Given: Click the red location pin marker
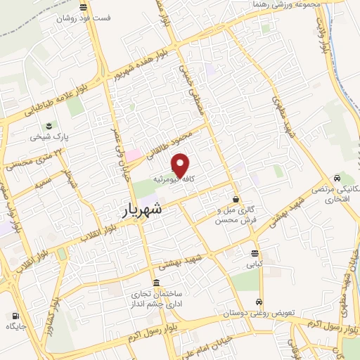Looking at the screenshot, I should click(181, 165).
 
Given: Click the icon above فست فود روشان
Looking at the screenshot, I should click(84, 8).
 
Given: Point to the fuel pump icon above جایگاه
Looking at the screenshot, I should click(15, 316).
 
